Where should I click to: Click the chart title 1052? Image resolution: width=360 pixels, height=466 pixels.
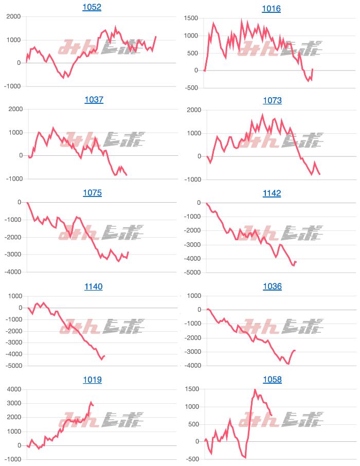click(93, 7)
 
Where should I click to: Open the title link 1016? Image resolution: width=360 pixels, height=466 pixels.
click(272, 8)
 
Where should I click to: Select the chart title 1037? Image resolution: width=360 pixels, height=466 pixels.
click(94, 100)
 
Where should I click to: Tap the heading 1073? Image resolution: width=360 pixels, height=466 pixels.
click(272, 101)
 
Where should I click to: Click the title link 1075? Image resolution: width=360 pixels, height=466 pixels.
click(93, 193)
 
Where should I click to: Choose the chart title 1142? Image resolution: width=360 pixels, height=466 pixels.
click(272, 193)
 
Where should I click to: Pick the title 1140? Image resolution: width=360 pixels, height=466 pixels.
click(93, 286)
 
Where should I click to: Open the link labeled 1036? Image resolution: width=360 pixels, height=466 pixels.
click(272, 286)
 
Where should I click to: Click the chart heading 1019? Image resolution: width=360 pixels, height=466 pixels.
click(93, 380)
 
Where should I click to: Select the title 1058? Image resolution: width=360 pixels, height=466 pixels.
click(272, 380)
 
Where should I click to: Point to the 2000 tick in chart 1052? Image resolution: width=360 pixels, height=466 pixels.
click(13, 17)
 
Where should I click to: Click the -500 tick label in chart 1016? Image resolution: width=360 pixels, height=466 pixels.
click(191, 88)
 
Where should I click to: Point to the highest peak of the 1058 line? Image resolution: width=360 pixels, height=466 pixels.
click(255, 389)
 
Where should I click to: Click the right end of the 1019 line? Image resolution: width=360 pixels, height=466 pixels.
click(93, 405)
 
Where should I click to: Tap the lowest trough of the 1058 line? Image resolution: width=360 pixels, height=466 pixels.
click(245, 457)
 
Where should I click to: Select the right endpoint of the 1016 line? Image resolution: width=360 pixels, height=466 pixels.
click(313, 69)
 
